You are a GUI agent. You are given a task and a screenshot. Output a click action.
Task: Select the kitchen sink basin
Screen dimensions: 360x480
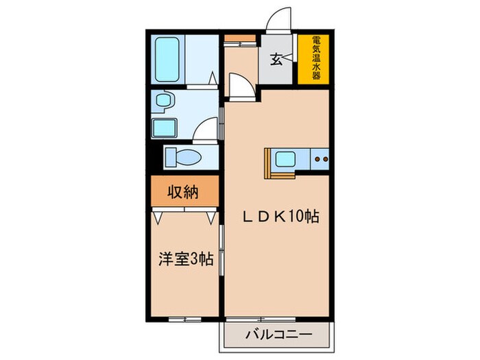[284, 161]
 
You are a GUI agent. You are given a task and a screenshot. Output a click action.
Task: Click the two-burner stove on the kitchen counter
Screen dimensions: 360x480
[320, 161]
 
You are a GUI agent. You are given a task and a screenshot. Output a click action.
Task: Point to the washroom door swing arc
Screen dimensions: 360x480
[206, 129]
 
